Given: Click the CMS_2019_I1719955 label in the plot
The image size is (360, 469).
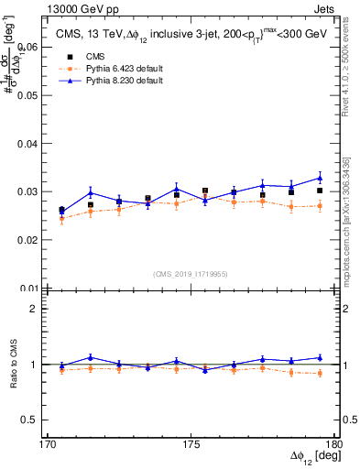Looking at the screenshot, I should (x=191, y=274).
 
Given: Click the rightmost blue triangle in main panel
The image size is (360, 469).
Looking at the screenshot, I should (x=320, y=178).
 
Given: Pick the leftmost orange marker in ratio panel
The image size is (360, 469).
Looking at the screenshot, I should (x=61, y=369).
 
